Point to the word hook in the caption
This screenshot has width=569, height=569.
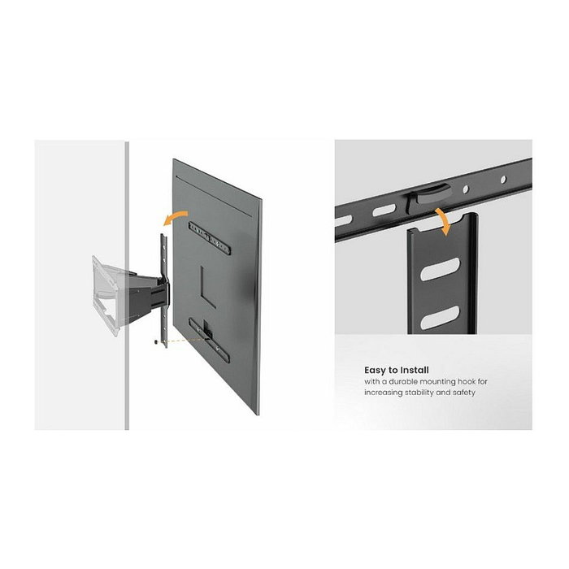pyautogui.click(x=484, y=382)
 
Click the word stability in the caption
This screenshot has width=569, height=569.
pyautogui.click(x=420, y=393)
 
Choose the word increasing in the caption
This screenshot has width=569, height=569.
pyautogui.click(x=382, y=393)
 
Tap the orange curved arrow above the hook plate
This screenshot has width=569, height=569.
pyautogui.click(x=443, y=221)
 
